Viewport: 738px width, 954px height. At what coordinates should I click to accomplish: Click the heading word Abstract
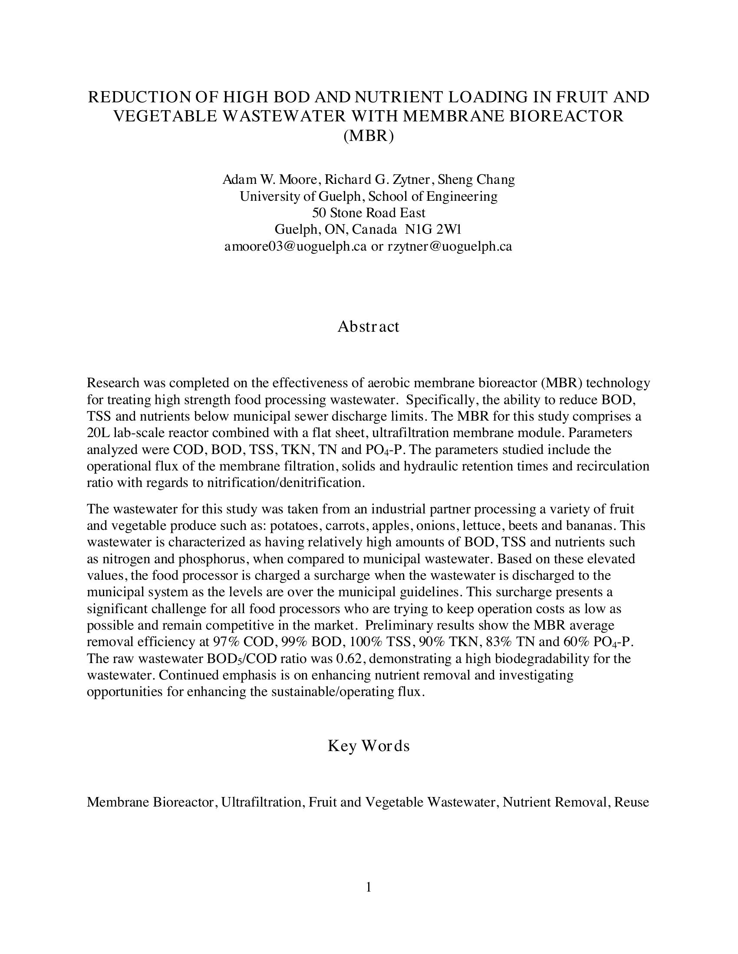pos(368,326)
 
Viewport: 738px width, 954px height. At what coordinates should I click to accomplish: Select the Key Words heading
pos(369,746)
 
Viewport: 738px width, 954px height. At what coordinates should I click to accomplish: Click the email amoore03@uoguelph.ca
pos(296,246)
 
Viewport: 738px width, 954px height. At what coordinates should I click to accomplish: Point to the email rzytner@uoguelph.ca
pos(449,246)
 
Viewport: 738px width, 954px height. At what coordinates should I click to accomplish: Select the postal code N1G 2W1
pos(434,229)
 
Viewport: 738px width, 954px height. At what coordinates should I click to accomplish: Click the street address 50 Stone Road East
pos(369,213)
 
